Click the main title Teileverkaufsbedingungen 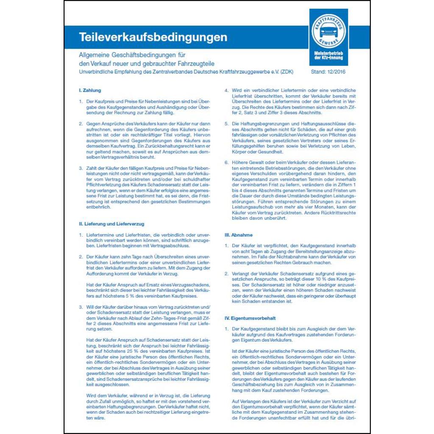pos(153,37)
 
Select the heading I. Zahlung pos(90,90)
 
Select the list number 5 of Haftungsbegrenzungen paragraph pos(227,123)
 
